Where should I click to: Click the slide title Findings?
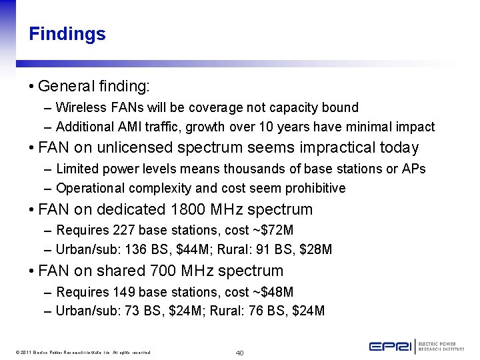coord(67,34)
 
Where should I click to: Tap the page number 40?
coord(239,352)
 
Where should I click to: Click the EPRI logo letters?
coord(391,346)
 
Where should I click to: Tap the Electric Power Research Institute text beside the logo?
coord(445,346)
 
